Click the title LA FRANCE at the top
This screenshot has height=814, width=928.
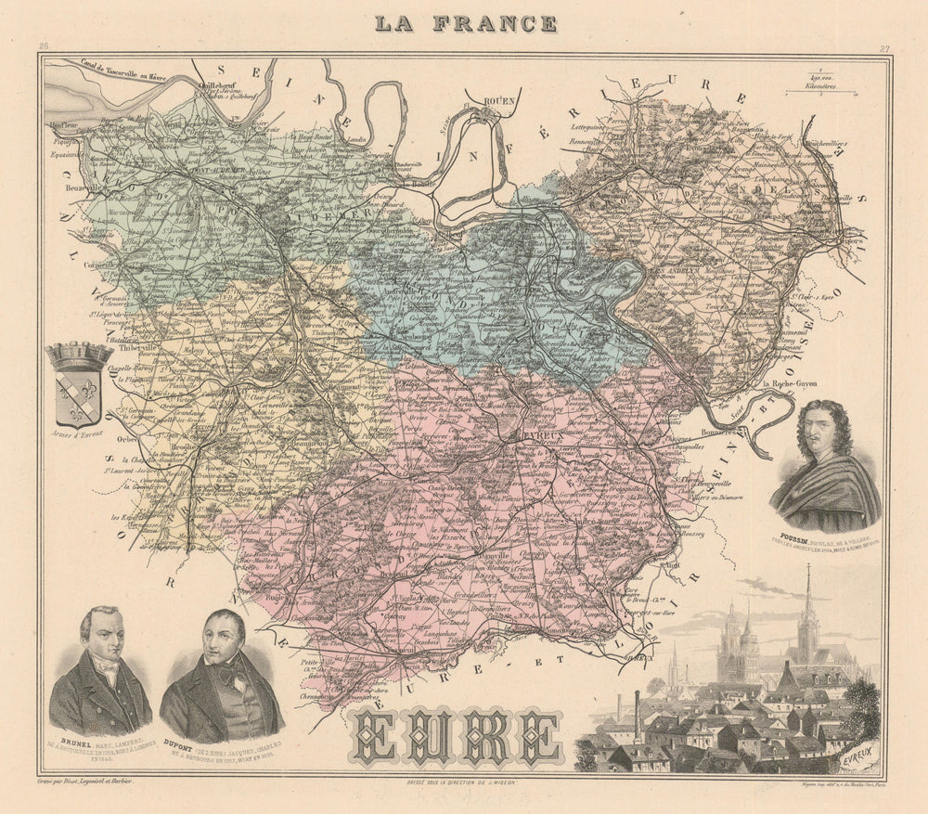pyautogui.click(x=465, y=23)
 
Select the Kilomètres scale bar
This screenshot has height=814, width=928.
pyautogui.click(x=813, y=92)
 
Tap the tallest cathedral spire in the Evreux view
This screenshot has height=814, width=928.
pyautogui.click(x=806, y=603)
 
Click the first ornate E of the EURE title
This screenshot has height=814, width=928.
pyautogui.click(x=378, y=737)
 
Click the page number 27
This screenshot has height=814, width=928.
pyautogui.click(x=884, y=49)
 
